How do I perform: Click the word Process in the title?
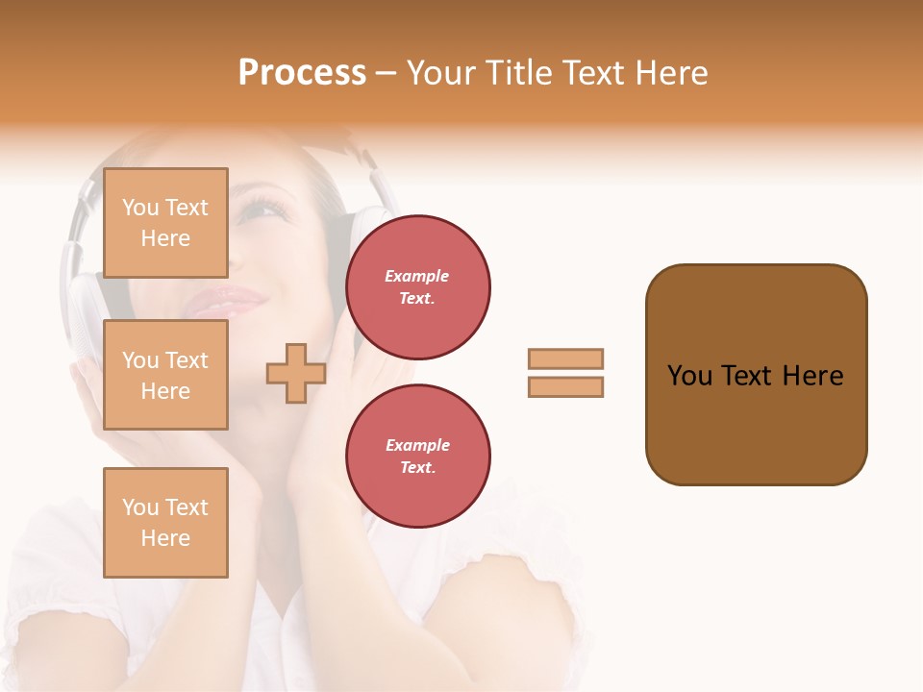pos(302,73)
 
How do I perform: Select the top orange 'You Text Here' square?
pos(165,223)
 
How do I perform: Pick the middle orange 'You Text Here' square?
pos(165,375)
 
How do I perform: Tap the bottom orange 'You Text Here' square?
pos(165,522)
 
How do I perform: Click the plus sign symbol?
pos(296,373)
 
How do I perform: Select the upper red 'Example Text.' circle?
pos(417,287)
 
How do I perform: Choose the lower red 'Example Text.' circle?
pos(417,457)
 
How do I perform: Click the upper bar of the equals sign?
pos(565,359)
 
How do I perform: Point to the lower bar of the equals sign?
pos(565,387)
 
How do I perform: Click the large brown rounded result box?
pos(756,423)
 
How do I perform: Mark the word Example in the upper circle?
pos(417,276)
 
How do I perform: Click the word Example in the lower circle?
pos(417,445)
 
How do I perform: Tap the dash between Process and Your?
pos(387,73)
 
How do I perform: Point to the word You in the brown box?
pos(689,376)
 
